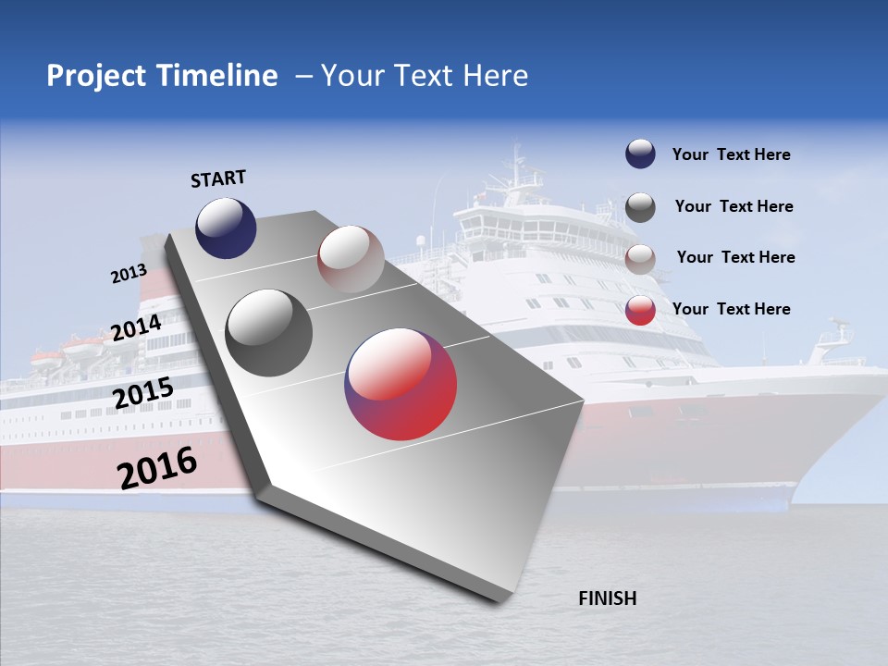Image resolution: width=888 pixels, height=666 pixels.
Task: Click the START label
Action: tap(218, 179)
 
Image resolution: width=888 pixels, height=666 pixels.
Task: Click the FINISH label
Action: tap(608, 598)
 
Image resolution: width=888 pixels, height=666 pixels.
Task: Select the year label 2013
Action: tap(129, 274)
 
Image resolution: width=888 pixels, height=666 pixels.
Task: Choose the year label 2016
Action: tap(157, 468)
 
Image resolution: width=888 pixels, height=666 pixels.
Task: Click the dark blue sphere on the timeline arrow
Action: tap(226, 228)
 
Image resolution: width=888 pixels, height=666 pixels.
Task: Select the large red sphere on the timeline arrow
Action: tap(401, 383)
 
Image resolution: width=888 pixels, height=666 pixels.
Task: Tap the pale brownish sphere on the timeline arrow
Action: tap(351, 259)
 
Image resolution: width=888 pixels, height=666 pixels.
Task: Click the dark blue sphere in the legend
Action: tap(640, 154)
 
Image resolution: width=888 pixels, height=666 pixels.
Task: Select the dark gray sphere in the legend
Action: tap(640, 207)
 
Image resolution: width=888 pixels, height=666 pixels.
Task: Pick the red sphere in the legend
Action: tap(640, 310)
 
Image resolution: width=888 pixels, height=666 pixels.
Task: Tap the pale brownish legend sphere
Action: tap(640, 259)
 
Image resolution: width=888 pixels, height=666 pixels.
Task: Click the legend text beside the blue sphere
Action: tap(731, 155)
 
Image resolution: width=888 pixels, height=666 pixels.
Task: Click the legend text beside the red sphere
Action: tap(731, 309)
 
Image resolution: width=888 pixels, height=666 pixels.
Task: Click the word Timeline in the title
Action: tap(219, 76)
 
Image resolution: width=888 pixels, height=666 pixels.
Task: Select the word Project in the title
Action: tap(97, 76)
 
